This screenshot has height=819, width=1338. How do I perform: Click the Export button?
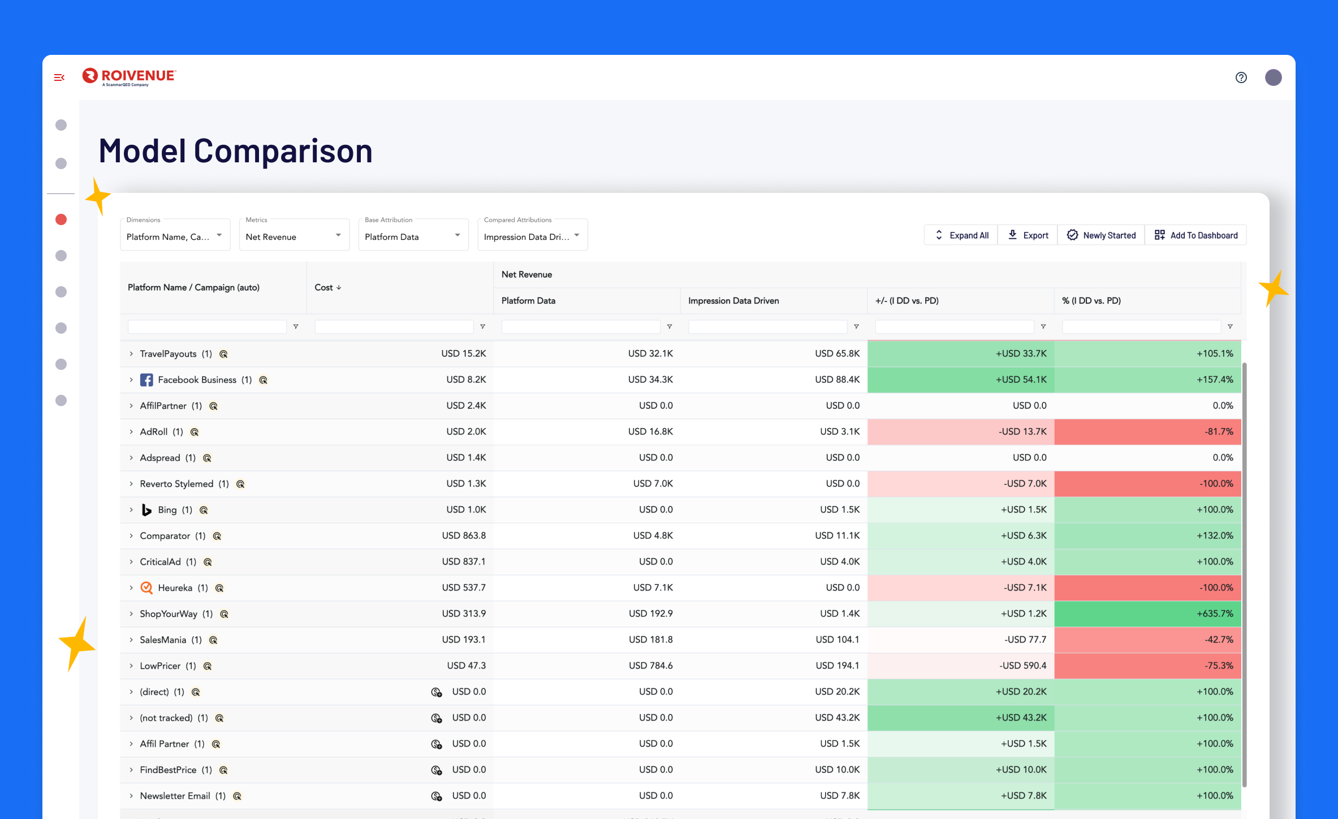tap(1028, 235)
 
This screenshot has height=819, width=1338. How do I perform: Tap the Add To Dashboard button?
tap(1196, 235)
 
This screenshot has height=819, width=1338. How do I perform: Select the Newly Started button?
tap(1101, 235)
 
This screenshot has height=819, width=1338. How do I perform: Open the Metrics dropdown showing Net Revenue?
tap(294, 236)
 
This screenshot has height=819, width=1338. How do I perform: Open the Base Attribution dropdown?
tap(413, 236)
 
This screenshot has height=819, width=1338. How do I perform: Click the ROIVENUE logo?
tap(130, 76)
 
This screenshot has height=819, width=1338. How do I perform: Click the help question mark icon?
tap(1241, 77)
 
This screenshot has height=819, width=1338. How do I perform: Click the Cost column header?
tap(324, 287)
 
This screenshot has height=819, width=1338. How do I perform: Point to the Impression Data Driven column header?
tap(733, 301)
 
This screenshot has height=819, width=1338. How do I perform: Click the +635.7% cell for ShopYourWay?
tap(1148, 614)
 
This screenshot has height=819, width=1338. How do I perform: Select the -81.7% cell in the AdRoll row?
tap(1148, 432)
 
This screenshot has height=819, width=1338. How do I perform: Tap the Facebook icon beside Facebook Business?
tap(146, 380)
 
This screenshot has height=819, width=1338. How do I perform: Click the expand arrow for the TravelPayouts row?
tap(131, 354)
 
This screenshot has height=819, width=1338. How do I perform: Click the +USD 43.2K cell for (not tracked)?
tap(961, 718)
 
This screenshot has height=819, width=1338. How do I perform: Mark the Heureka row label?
tap(175, 588)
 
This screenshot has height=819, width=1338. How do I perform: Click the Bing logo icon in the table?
tap(146, 510)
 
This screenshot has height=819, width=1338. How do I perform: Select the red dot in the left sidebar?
tap(61, 219)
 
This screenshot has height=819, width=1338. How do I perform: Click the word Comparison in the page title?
tap(283, 151)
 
